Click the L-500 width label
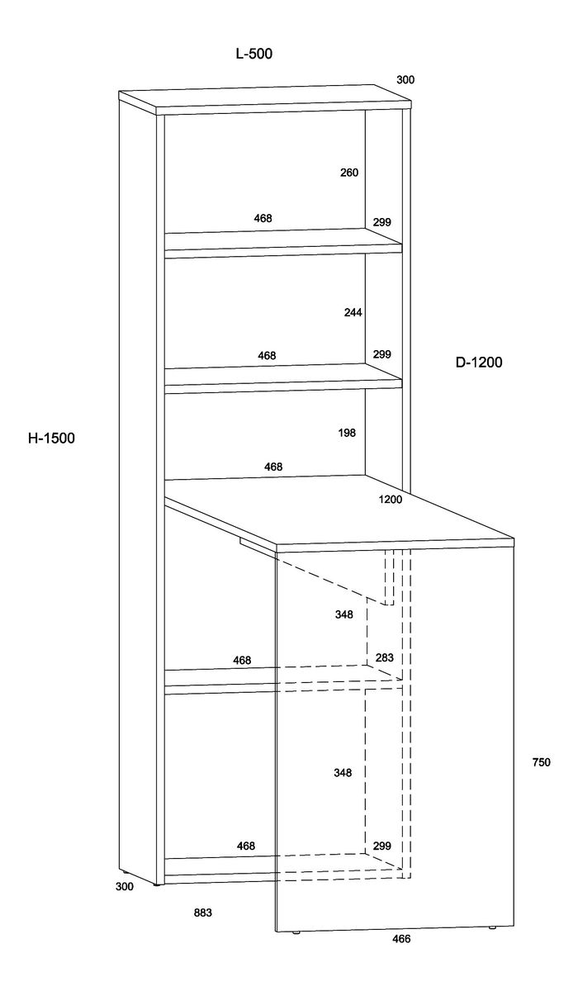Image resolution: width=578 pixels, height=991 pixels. pyautogui.click(x=253, y=55)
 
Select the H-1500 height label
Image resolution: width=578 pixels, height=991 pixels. pyautogui.click(x=51, y=439)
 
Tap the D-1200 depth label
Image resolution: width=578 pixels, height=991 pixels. pyautogui.click(x=478, y=362)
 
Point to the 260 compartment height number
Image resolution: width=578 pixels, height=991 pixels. pyautogui.click(x=349, y=173)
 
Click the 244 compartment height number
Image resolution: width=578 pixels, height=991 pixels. pyautogui.click(x=353, y=312)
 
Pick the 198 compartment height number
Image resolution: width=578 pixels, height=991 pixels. pyautogui.click(x=348, y=433)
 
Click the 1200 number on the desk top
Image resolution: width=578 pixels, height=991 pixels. pyautogui.click(x=391, y=500)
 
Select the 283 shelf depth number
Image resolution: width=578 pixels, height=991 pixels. pyautogui.click(x=384, y=657)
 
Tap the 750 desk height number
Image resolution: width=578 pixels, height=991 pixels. pyautogui.click(x=541, y=762)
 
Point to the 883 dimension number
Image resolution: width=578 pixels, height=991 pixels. pyautogui.click(x=203, y=913)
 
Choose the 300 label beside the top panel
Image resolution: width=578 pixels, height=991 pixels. pyautogui.click(x=405, y=80)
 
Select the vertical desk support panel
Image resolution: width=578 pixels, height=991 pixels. pyautogui.click(x=396, y=743)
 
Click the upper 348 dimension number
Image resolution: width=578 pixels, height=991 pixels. pyautogui.click(x=344, y=614)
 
